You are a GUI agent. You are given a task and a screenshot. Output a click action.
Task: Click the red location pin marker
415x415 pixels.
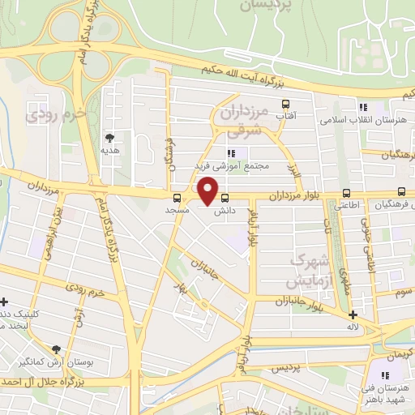pos(208,191)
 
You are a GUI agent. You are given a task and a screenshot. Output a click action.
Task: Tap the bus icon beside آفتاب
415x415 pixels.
pos(285,105)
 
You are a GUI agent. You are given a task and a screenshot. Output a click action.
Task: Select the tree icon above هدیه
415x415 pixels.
pos(110,137)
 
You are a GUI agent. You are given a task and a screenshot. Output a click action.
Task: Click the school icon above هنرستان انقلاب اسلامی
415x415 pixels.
pos(363,107)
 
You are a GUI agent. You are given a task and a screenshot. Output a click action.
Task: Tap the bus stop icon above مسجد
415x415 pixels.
pos(177,197)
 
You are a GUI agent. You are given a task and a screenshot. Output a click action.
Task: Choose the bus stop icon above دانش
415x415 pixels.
pos(225,197)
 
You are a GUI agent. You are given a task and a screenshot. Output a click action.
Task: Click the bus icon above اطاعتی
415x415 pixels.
pos(347,193)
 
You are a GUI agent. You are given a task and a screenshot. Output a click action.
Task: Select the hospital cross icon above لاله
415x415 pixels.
pos(353,314)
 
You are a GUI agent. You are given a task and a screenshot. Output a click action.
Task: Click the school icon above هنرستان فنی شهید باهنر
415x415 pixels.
pos(386,375)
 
